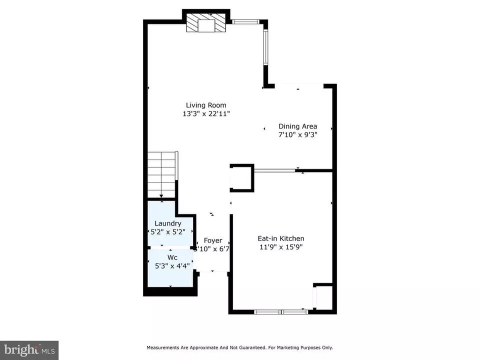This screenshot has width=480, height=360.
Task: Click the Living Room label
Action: tap(206, 105)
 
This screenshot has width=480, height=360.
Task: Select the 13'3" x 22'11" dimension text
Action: tap(206, 114)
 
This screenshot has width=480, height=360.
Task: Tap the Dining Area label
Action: tap(297, 126)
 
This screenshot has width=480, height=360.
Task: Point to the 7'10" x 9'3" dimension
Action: tap(297, 134)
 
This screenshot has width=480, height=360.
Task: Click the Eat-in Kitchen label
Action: tap(280, 238)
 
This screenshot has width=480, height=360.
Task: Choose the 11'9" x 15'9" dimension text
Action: tap(280, 247)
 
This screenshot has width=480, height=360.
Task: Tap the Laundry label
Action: tap(168, 224)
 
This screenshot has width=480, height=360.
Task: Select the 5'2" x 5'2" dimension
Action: tap(168, 232)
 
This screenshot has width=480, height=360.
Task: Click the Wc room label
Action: tap(172, 258)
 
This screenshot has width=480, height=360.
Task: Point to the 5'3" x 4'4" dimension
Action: tap(172, 266)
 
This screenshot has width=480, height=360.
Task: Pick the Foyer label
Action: tap(213, 240)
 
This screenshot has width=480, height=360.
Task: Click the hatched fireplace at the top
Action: tap(206, 21)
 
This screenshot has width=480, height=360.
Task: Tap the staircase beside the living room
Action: tap(161, 174)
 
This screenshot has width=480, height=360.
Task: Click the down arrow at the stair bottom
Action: tap(161, 196)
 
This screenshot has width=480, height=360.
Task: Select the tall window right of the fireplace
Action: tap(266, 47)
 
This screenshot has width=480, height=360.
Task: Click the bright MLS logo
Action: tap(29, 350)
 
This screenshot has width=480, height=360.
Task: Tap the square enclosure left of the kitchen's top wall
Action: tap(242, 178)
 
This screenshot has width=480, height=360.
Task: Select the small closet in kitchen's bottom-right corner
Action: tap(323, 296)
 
